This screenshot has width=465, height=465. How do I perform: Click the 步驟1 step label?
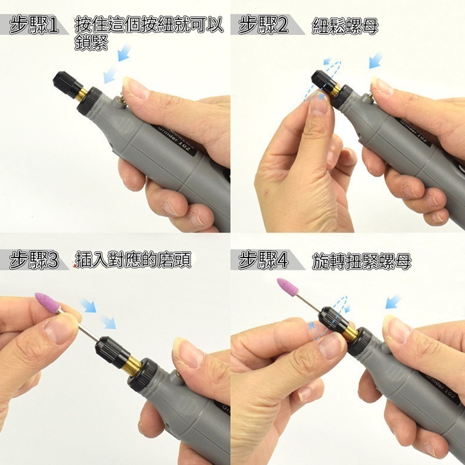(34, 25)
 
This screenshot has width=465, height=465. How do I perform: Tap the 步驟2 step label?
(263, 25)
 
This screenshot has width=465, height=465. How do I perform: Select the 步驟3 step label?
(34, 260)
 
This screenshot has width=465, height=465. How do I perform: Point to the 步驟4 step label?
(263, 260)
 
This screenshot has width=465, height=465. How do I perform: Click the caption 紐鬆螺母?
(345, 26)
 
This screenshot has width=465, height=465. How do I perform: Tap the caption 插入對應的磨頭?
(133, 260)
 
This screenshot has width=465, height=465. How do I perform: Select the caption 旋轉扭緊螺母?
(362, 261)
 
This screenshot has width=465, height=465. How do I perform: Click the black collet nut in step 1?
(67, 84)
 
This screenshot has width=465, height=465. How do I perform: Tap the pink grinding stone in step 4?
(287, 287)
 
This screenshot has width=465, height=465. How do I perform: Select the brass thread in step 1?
(81, 94)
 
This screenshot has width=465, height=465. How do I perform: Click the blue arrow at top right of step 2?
(376, 60)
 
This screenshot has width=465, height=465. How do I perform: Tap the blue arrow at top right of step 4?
(394, 301)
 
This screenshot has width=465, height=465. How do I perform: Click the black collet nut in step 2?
(324, 81)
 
